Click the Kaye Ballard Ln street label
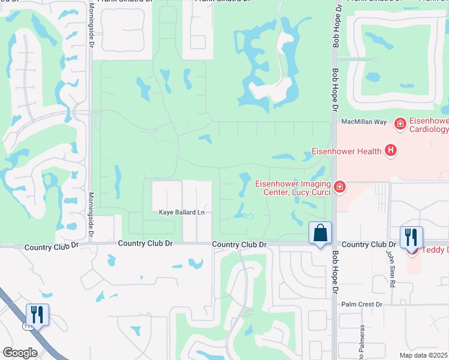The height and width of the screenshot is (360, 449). pyautogui.click(x=181, y=212)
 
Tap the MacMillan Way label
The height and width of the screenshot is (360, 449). pyautogui.click(x=364, y=122)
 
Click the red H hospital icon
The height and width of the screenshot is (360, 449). pyautogui.click(x=391, y=150)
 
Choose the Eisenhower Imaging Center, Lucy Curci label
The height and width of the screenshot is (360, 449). pyautogui.click(x=292, y=188)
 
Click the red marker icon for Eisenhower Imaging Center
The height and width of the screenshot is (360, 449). pyautogui.click(x=340, y=187)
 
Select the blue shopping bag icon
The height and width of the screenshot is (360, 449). pyautogui.click(x=320, y=232)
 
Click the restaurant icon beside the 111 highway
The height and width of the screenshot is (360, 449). pyautogui.click(x=37, y=314)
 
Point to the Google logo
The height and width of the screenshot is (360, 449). pyautogui.click(x=20, y=353)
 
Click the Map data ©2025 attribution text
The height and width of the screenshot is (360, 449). pyautogui.click(x=424, y=355)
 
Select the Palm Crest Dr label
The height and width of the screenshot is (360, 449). pyautogui.click(x=361, y=304)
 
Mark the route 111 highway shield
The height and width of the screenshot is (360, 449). pyautogui.click(x=27, y=326)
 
